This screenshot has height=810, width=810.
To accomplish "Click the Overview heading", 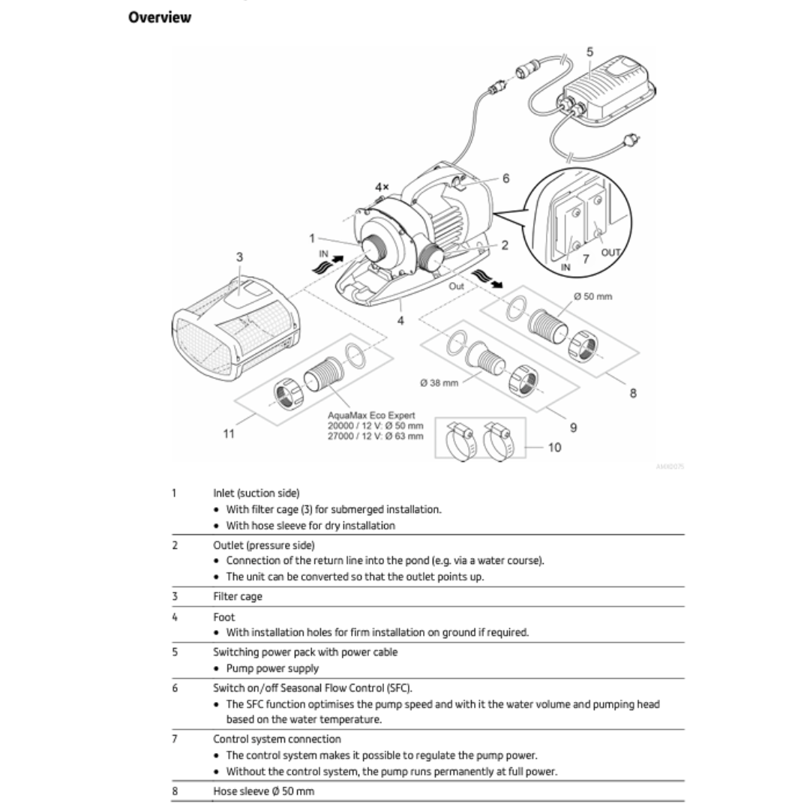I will point(160,17).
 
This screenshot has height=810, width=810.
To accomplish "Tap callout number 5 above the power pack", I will point(589,52).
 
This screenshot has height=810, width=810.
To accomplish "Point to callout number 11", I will point(229,433).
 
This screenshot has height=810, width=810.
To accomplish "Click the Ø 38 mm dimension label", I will point(439,382).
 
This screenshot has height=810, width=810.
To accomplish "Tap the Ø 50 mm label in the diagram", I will point(592,296).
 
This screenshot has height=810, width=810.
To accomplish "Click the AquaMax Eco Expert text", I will point(371,415).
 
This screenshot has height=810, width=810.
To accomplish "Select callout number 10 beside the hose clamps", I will point(554,448).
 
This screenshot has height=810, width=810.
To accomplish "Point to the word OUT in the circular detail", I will point(610,253).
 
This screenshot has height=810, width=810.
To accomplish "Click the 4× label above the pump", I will point(382,187).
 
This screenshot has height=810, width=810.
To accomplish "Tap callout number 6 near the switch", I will point(505,178).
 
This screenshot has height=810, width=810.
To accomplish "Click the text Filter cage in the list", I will point(238,597).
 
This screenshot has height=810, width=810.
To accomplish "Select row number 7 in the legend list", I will point(175,739).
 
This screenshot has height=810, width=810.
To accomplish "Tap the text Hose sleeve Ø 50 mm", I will point(264,792).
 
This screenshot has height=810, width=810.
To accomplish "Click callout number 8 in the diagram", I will point(633,393).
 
